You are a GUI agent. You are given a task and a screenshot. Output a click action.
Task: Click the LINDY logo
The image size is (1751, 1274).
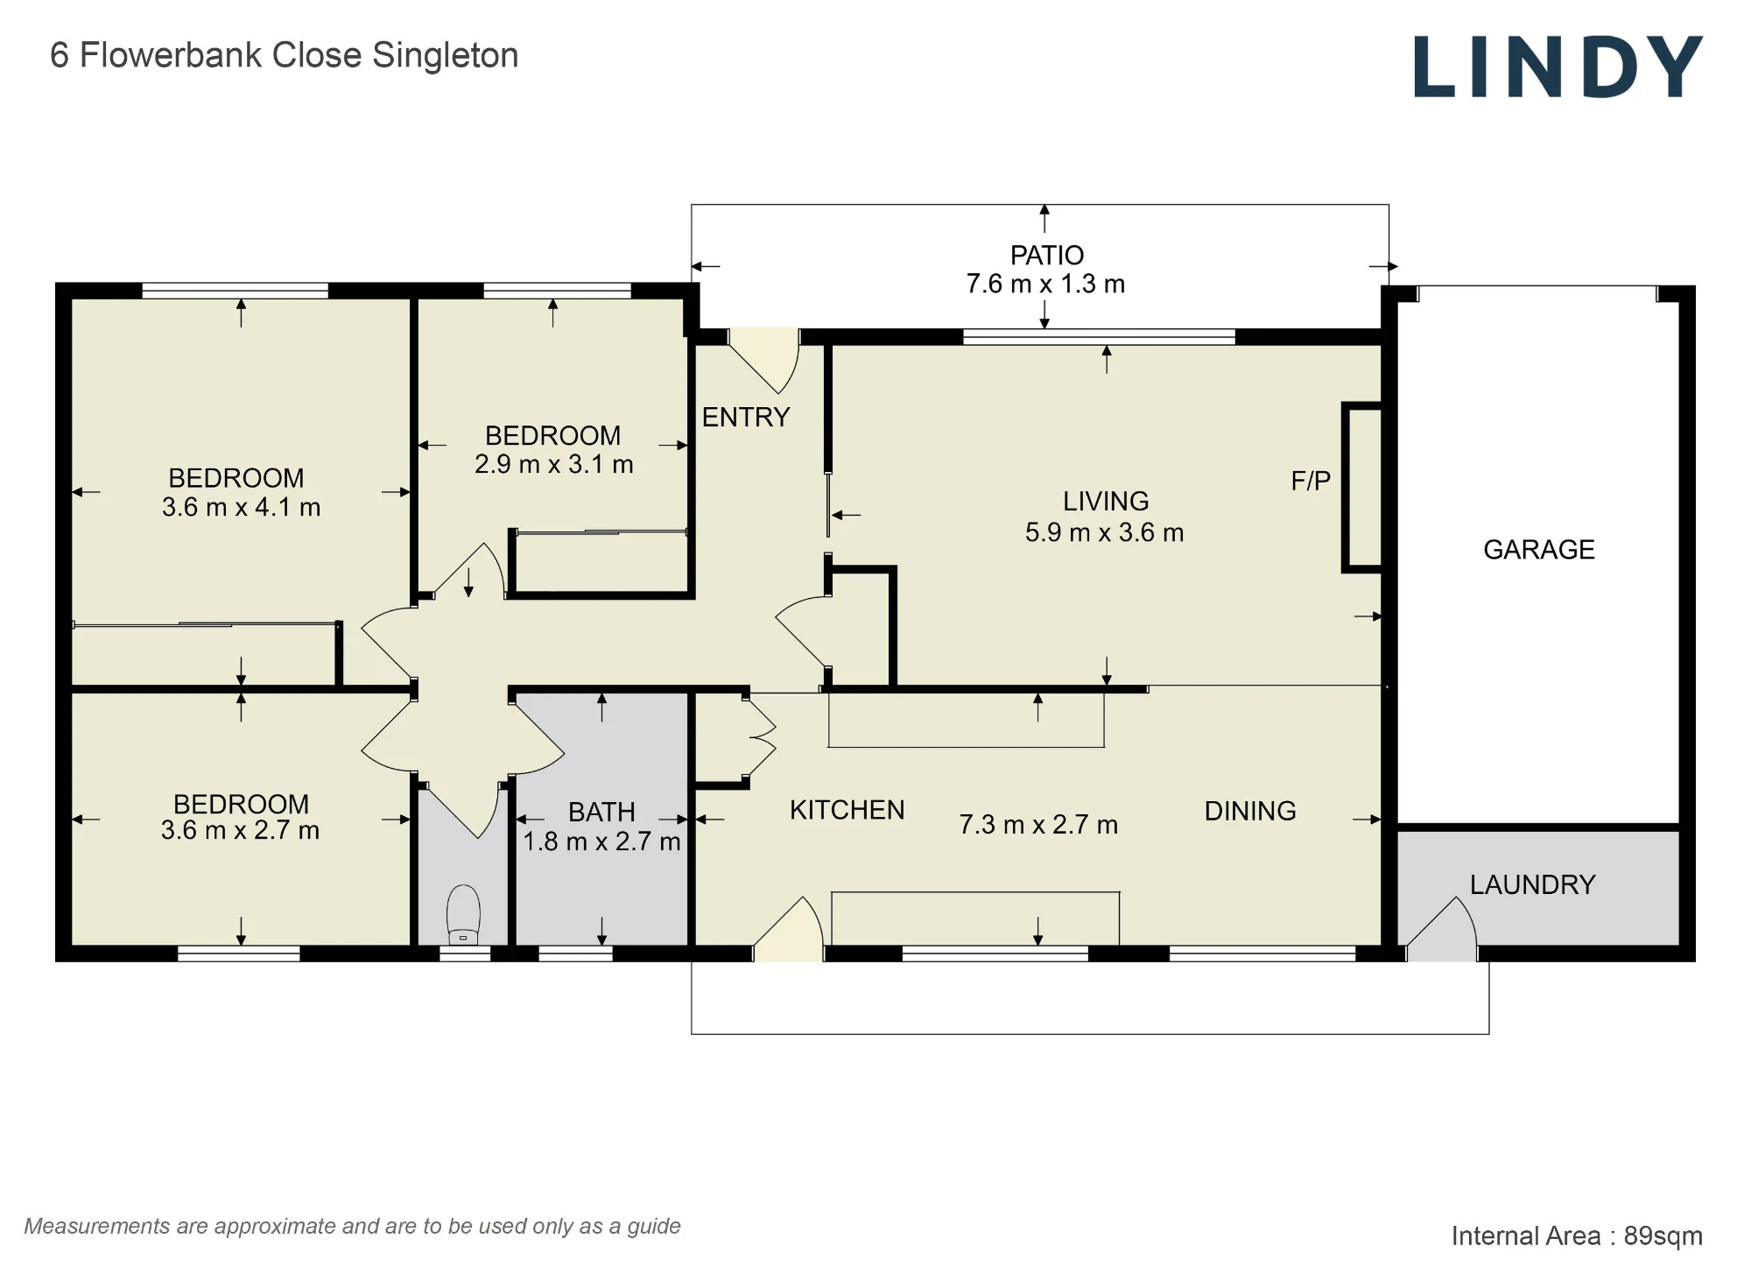pyautogui.click(x=1558, y=67)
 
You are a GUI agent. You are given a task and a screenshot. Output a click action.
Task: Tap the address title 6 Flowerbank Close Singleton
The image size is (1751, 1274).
pyautogui.click(x=285, y=55)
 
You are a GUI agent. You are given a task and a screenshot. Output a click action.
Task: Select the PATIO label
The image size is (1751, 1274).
pyautogui.click(x=1047, y=255)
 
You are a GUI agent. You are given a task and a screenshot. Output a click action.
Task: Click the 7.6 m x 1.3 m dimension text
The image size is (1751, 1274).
pyautogui.click(x=1045, y=284)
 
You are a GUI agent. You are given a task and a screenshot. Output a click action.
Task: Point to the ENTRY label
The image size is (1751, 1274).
pyautogui.click(x=746, y=417)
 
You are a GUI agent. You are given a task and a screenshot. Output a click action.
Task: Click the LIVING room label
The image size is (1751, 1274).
pyautogui.click(x=1106, y=501)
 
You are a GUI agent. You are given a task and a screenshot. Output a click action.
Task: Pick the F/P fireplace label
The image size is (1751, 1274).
pyautogui.click(x=1311, y=480)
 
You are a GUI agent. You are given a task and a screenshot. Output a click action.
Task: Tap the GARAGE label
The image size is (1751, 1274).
pyautogui.click(x=1539, y=549)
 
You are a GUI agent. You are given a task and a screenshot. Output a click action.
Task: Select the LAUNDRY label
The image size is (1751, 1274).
pyautogui.click(x=1532, y=884)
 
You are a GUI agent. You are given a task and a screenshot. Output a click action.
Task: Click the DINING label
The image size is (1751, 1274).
pyautogui.click(x=1250, y=811)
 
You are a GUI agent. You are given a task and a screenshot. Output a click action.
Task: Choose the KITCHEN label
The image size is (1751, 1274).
pyautogui.click(x=847, y=810)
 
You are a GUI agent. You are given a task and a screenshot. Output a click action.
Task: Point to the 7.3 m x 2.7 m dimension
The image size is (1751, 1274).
pyautogui.click(x=1038, y=825)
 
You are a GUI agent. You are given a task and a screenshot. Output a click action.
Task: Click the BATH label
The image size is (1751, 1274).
pyautogui.click(x=601, y=813)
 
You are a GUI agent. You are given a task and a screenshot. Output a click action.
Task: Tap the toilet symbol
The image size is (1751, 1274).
pyautogui.click(x=464, y=915)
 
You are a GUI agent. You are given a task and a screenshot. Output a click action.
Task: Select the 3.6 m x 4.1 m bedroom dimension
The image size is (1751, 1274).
pyautogui.click(x=241, y=507)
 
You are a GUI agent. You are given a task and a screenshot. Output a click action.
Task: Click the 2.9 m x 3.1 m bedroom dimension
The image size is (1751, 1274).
pyautogui.click(x=554, y=464)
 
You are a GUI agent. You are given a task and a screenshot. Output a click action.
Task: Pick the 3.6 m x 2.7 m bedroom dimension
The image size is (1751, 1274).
pyautogui.click(x=240, y=830)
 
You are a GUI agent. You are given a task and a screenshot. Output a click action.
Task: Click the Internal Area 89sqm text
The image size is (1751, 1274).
pyautogui.click(x=1577, y=1235)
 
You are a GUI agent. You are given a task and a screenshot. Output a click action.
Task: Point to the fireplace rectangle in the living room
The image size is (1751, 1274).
pyautogui.click(x=1362, y=488)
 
